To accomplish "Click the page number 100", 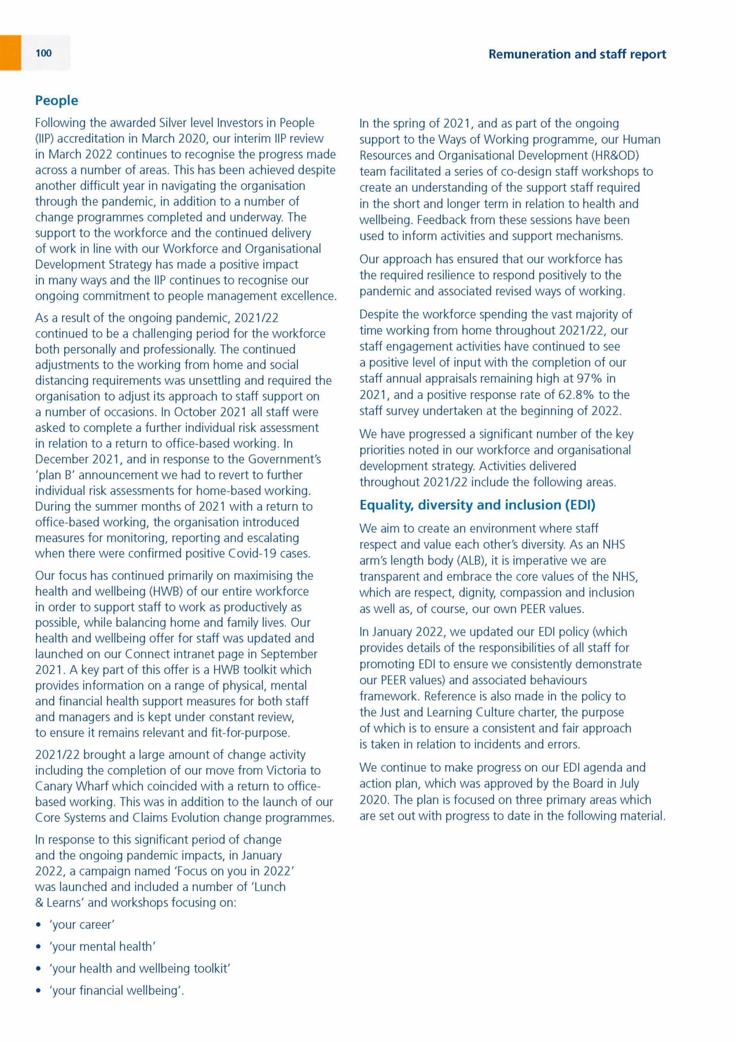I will [x=43, y=53].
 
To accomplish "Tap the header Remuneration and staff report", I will [x=577, y=54].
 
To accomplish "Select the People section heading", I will [x=56, y=101].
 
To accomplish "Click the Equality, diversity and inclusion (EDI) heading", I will [x=477, y=505].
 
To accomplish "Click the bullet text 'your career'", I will [x=82, y=924].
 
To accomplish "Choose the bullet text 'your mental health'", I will [x=102, y=946].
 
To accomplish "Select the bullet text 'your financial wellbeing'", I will [x=116, y=990].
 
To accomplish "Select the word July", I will [x=625, y=784].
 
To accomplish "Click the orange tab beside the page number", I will [x=10, y=53].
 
